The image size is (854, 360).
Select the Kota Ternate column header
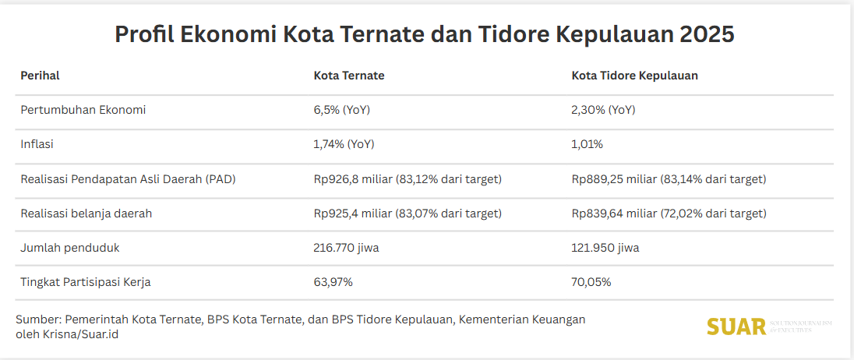(x=349, y=76)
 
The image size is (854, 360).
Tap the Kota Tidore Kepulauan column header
(x=634, y=76)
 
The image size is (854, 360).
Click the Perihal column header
(x=40, y=76)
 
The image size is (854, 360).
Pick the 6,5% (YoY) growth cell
(x=341, y=110)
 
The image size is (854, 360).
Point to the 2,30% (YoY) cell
(x=603, y=110)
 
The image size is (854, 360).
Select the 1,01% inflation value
(x=587, y=144)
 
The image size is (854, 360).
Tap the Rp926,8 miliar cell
(x=408, y=179)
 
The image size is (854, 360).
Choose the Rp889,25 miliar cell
(x=669, y=179)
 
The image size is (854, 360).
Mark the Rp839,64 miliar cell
(x=669, y=214)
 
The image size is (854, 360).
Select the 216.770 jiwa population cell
(x=346, y=248)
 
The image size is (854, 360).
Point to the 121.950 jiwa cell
(x=605, y=248)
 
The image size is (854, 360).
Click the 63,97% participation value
(x=333, y=282)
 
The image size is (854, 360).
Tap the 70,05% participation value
(x=591, y=282)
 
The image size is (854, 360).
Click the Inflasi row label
(x=37, y=144)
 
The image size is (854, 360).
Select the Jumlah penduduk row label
(x=70, y=248)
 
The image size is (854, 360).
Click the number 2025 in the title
(x=707, y=35)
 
